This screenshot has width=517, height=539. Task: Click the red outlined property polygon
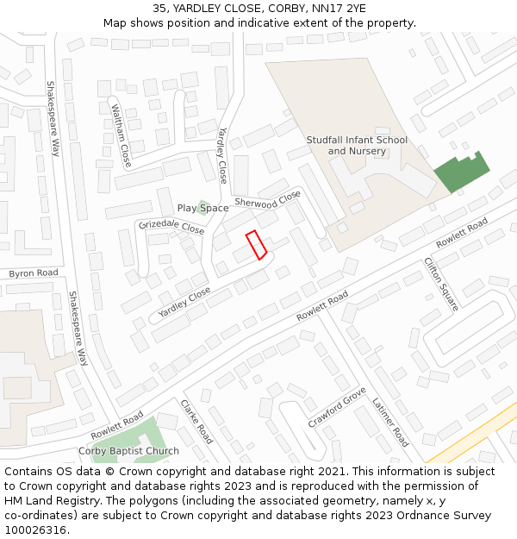(x=256, y=245)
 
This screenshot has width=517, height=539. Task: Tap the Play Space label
(x=202, y=209)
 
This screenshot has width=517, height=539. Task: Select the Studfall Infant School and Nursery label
(x=357, y=146)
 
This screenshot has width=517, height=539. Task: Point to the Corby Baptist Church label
(x=128, y=451)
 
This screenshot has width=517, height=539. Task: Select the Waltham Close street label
(x=121, y=135)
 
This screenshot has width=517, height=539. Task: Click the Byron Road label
(x=34, y=273)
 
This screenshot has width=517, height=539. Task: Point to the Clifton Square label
(x=441, y=283)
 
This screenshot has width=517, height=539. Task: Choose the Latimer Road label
(x=390, y=422)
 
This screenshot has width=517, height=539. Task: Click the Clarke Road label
(x=196, y=422)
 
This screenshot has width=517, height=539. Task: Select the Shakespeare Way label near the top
(x=53, y=118)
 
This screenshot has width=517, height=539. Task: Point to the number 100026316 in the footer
(x=35, y=530)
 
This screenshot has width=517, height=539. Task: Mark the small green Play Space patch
(x=204, y=206)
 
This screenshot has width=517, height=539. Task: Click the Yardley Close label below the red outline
(x=184, y=302)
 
